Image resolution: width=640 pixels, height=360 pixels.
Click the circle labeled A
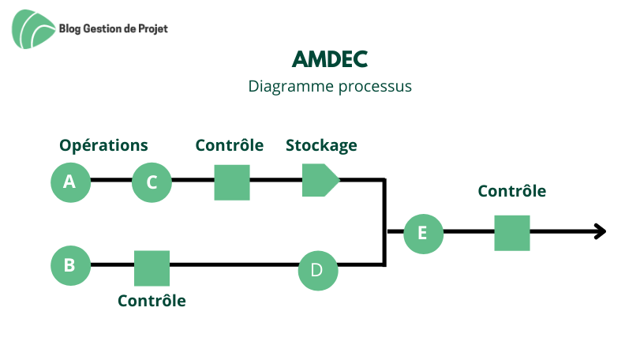[70, 182]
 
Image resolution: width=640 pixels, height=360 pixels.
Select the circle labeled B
[70, 266]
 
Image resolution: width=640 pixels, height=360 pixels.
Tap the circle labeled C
[152, 182]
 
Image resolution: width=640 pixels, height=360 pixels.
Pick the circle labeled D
[318, 271]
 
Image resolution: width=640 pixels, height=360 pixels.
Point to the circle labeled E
[423, 234]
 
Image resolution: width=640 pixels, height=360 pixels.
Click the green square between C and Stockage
[232, 182]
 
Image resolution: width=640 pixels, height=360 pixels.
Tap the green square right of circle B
[152, 268]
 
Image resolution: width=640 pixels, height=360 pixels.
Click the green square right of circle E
[512, 233]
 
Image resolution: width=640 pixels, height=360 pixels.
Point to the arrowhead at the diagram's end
[601, 231]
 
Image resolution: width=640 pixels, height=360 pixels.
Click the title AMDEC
[330, 59]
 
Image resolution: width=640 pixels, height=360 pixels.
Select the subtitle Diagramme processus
[330, 87]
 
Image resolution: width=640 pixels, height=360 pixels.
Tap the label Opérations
[103, 146]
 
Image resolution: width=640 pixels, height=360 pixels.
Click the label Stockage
[321, 146]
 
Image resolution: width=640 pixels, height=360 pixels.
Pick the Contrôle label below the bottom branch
[152, 301]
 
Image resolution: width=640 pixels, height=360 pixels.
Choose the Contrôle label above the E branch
[512, 191]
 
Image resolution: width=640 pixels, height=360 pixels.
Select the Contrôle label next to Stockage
[230, 145]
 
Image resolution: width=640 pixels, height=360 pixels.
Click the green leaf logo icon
[33, 29]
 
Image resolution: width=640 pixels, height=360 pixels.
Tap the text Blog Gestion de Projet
[114, 29]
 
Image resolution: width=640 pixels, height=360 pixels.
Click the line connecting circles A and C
[111, 180]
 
